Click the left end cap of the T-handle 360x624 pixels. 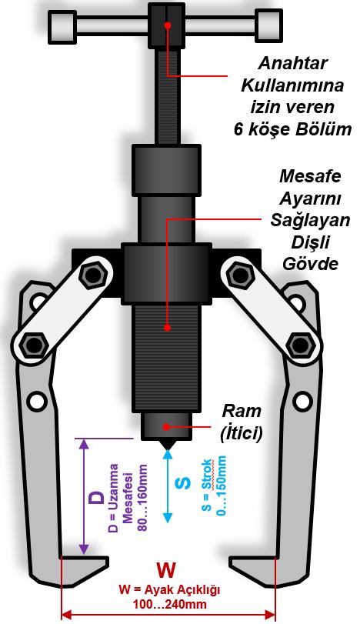[62, 26]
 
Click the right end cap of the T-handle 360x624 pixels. [269, 25]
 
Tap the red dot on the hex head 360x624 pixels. [168, 25]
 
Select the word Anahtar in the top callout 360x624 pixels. [293, 63]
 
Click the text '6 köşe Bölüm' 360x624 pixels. [292, 129]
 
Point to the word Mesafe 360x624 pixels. [310, 176]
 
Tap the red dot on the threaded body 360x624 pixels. [168, 328]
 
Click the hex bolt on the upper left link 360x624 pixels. [93, 274]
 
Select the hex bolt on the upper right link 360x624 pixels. [240, 274]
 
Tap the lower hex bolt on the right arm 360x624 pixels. [300, 344]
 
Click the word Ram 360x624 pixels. [241, 411]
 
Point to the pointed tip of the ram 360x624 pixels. [168, 449]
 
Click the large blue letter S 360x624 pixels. [183, 482]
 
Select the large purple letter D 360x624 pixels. [97, 498]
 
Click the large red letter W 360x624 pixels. [166, 570]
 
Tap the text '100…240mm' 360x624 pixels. [169, 605]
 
